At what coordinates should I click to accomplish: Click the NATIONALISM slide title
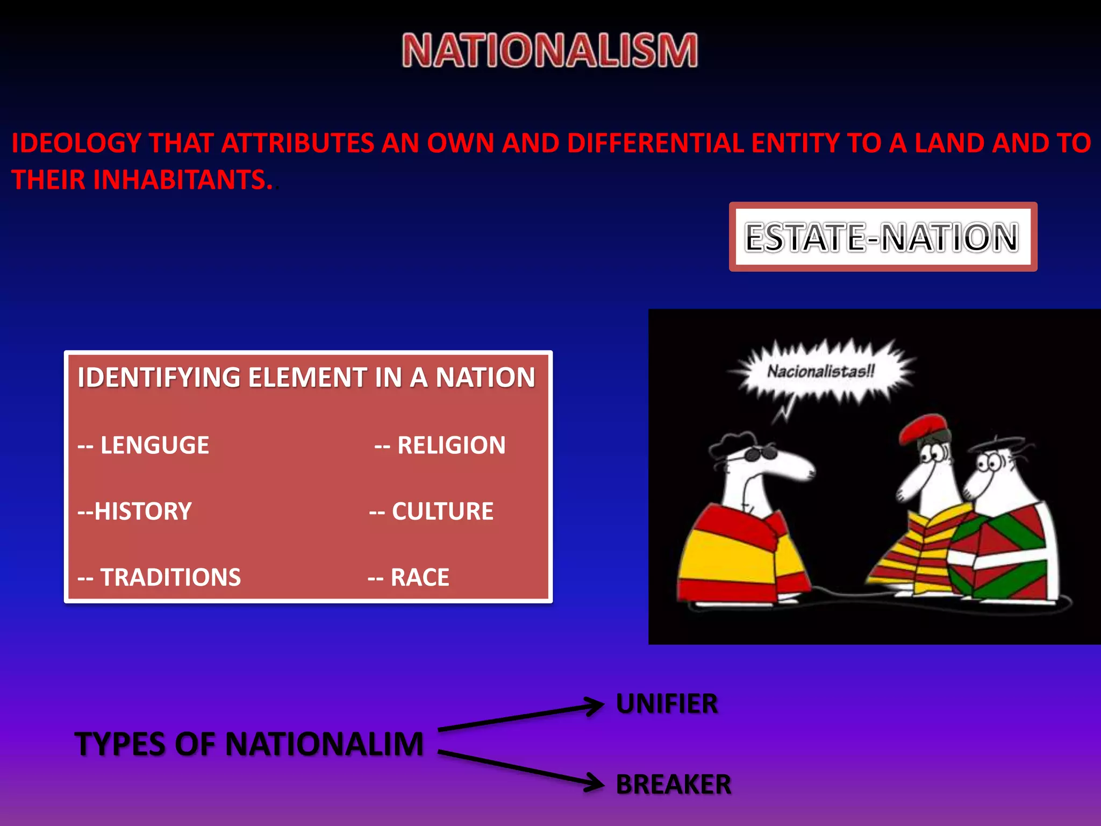[x=549, y=51]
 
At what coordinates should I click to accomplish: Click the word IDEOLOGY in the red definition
[x=76, y=144]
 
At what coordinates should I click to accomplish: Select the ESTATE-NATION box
[x=882, y=237]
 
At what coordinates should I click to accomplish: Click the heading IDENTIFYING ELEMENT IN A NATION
[x=306, y=377]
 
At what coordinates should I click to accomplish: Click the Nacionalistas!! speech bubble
[x=821, y=371]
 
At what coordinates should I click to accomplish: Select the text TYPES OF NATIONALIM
[x=249, y=744]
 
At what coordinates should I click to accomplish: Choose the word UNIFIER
[x=667, y=704]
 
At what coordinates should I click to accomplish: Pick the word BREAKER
[x=674, y=784]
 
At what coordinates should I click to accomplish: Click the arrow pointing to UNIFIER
[x=521, y=717]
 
